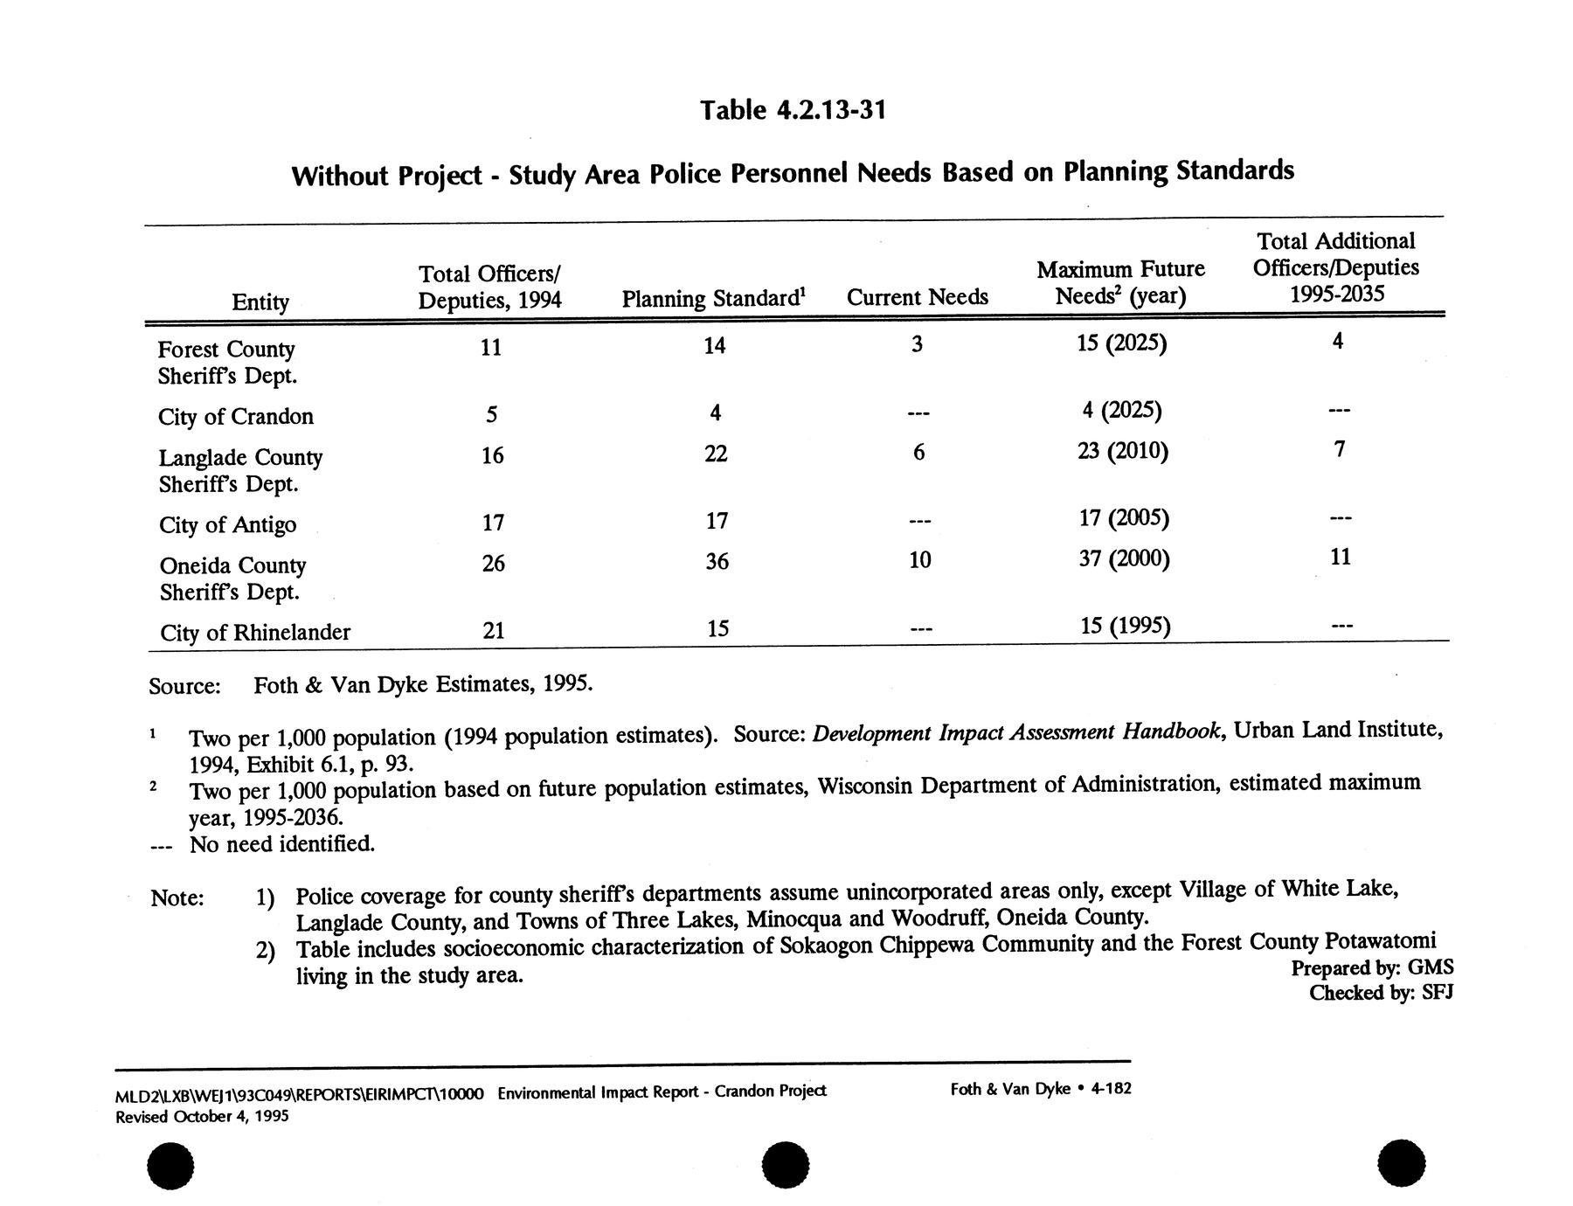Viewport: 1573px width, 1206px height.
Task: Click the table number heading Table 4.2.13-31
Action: pyautogui.click(x=793, y=110)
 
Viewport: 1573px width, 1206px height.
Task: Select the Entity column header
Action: pyautogui.click(x=260, y=302)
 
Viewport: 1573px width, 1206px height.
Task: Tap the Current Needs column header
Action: pyautogui.click(x=917, y=298)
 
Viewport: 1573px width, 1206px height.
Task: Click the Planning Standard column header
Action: pyautogui.click(x=713, y=299)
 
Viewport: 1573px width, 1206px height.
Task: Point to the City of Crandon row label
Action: pyautogui.click(x=236, y=417)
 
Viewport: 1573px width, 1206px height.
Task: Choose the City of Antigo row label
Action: pyautogui.click(x=228, y=525)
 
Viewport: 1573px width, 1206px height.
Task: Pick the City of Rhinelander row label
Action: pyautogui.click(x=255, y=633)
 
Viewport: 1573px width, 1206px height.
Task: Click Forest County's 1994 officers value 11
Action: pyautogui.click(x=491, y=348)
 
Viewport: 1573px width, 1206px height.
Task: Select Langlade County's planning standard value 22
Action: pyautogui.click(x=716, y=454)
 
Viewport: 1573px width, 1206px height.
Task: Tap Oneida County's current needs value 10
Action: pyautogui.click(x=919, y=560)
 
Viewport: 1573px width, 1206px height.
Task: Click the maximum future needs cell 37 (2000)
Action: pyautogui.click(x=1124, y=558)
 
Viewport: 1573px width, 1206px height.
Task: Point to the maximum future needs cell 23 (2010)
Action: pyautogui.click(x=1123, y=451)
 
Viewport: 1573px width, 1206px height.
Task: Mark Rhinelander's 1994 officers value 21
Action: pyautogui.click(x=494, y=630)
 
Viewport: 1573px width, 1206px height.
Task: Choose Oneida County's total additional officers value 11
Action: pyautogui.click(x=1341, y=557)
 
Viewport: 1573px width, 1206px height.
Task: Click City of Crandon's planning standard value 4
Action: pyautogui.click(x=716, y=412)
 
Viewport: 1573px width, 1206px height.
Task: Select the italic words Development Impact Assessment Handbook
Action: pyautogui.click(x=1016, y=731)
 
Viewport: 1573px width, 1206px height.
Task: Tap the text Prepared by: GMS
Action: pyautogui.click(x=1372, y=967)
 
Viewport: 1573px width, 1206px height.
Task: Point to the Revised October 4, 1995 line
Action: pyautogui.click(x=202, y=1117)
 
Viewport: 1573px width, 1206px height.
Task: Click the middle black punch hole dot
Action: pyautogui.click(x=785, y=1165)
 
